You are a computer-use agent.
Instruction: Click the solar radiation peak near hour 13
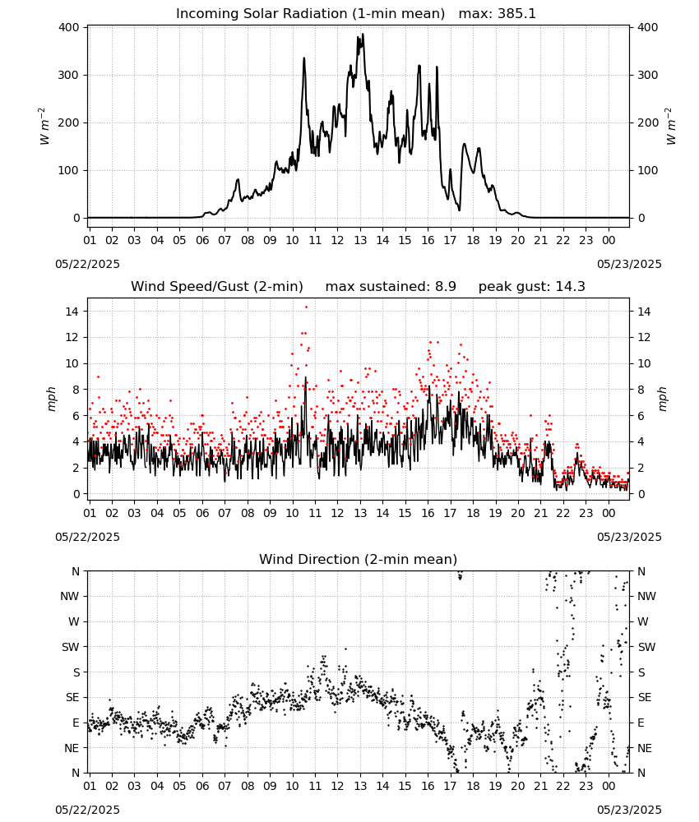(363, 35)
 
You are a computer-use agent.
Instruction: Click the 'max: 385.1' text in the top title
(498, 13)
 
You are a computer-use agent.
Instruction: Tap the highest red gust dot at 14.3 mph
(306, 307)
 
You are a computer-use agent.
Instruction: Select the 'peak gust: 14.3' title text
(531, 287)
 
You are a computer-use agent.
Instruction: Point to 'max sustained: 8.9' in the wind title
(391, 287)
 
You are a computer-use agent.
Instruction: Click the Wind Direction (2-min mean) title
(359, 559)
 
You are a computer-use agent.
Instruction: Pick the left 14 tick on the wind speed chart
(72, 312)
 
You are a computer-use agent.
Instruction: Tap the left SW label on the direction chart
(71, 647)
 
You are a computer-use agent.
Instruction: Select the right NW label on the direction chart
(646, 596)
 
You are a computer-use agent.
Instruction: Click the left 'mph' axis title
(51, 399)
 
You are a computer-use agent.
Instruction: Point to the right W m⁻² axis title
(671, 127)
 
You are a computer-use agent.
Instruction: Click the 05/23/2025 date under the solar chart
(629, 264)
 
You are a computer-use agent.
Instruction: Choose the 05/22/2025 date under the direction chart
(87, 810)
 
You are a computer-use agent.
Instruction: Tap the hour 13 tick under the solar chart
(360, 241)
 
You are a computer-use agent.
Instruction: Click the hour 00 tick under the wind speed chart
(609, 513)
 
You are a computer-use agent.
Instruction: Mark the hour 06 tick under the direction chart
(202, 786)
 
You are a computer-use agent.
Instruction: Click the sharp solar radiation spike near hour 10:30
(304, 58)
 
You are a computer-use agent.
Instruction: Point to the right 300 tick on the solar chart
(647, 75)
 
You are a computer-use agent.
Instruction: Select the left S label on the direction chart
(76, 672)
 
